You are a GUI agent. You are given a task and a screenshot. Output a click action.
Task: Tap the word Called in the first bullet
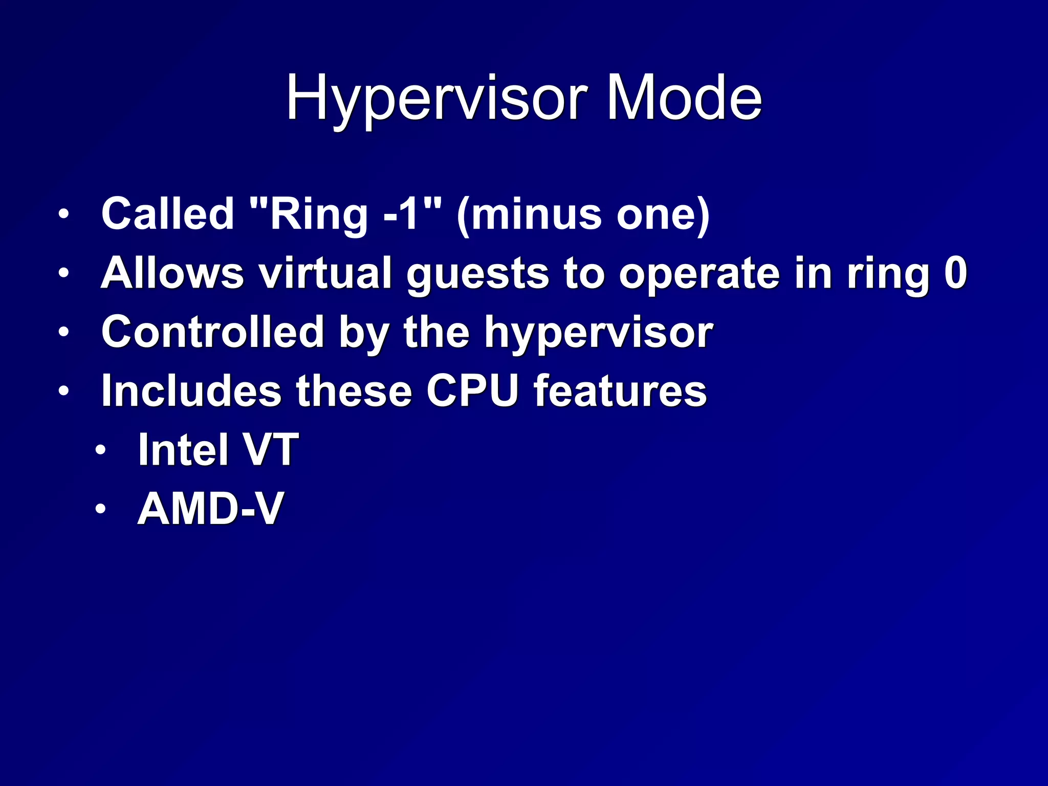(167, 214)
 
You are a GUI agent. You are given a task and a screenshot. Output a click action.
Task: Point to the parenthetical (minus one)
(583, 214)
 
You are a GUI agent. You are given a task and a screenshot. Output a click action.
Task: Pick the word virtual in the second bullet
(325, 273)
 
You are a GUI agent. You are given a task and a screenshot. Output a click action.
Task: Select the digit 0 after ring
(955, 273)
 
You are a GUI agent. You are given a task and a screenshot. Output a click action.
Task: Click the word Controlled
(212, 332)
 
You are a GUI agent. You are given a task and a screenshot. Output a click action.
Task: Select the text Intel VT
(218, 450)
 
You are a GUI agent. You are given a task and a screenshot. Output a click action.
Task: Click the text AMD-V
(210, 509)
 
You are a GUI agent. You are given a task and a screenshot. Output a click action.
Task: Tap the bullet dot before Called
(63, 214)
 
